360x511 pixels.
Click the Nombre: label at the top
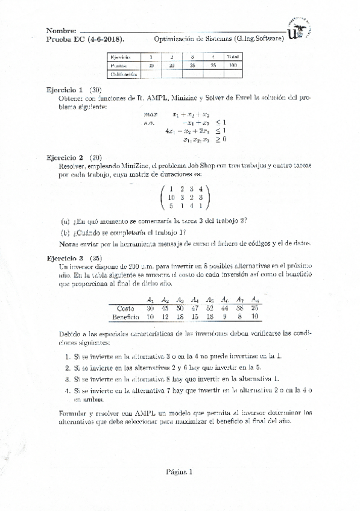(62, 31)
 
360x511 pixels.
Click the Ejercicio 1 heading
(65, 89)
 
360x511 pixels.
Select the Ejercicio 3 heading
(65, 257)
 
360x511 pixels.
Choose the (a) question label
(65, 220)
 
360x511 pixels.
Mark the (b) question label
(65, 231)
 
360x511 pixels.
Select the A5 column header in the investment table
(210, 299)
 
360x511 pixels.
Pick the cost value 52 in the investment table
(210, 308)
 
